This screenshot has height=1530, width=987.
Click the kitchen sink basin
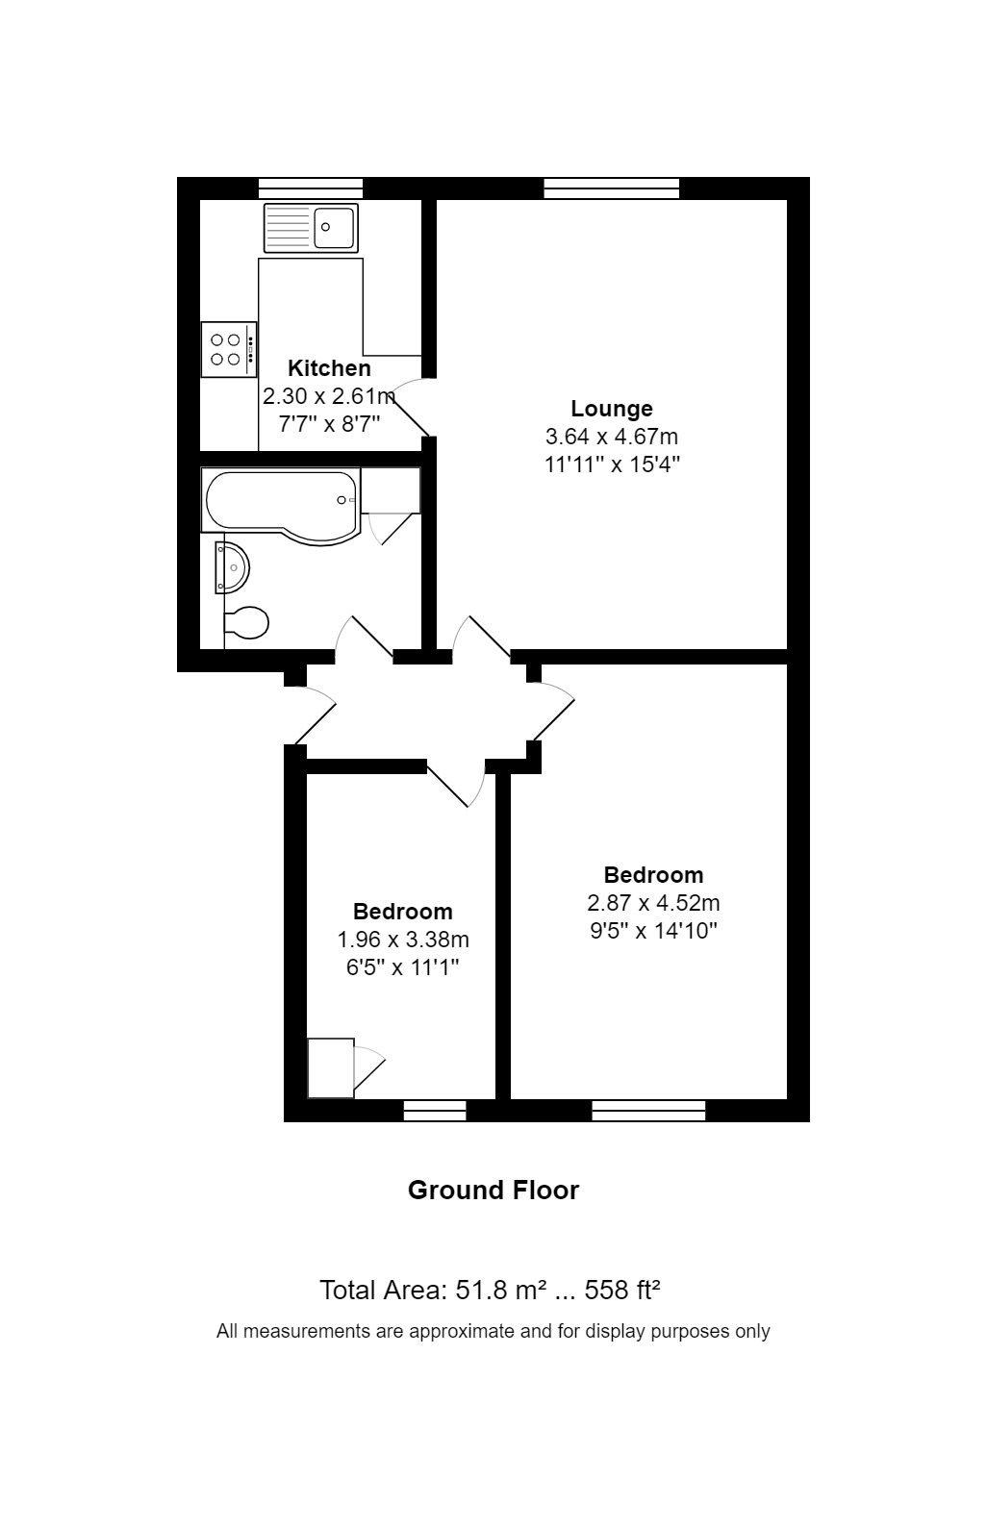[334, 228]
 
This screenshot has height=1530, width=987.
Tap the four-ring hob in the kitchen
[228, 349]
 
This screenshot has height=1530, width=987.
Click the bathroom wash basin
[233, 567]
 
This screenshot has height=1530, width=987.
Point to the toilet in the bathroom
[246, 623]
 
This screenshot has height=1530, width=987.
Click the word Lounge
[612, 409]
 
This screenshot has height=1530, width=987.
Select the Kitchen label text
[329, 368]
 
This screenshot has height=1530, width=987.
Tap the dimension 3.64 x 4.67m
[612, 437]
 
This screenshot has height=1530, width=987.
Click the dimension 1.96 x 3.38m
[402, 940]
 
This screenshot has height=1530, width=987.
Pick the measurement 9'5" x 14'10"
[653, 931]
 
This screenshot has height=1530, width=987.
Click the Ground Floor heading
[493, 1191]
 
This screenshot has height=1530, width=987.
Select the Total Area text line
[490, 1291]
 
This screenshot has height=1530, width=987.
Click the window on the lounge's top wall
[611, 188]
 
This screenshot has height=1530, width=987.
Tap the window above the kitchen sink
[310, 188]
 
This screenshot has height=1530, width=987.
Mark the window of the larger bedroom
[648, 1111]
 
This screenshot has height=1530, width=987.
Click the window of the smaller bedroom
[435, 1111]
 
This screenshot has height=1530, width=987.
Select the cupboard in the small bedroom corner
[330, 1067]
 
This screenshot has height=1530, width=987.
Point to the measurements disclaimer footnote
[493, 1332]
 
